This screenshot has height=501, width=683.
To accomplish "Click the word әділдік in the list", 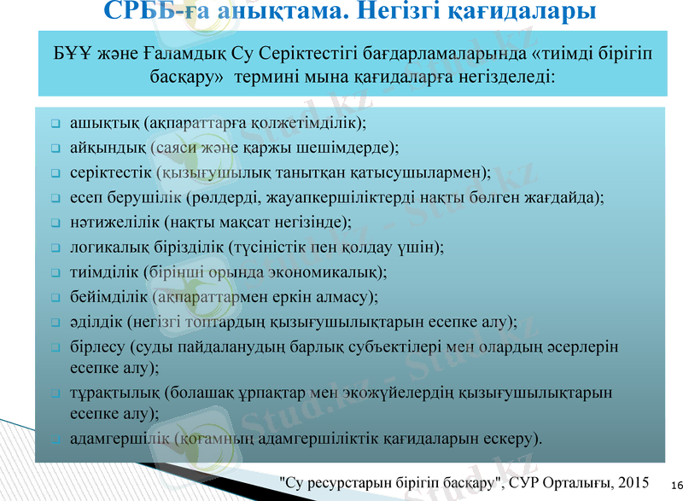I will pos(95,323).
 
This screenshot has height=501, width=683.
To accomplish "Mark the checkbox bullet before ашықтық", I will pos(54,123).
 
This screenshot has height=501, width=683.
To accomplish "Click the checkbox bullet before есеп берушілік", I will pos(54,198).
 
